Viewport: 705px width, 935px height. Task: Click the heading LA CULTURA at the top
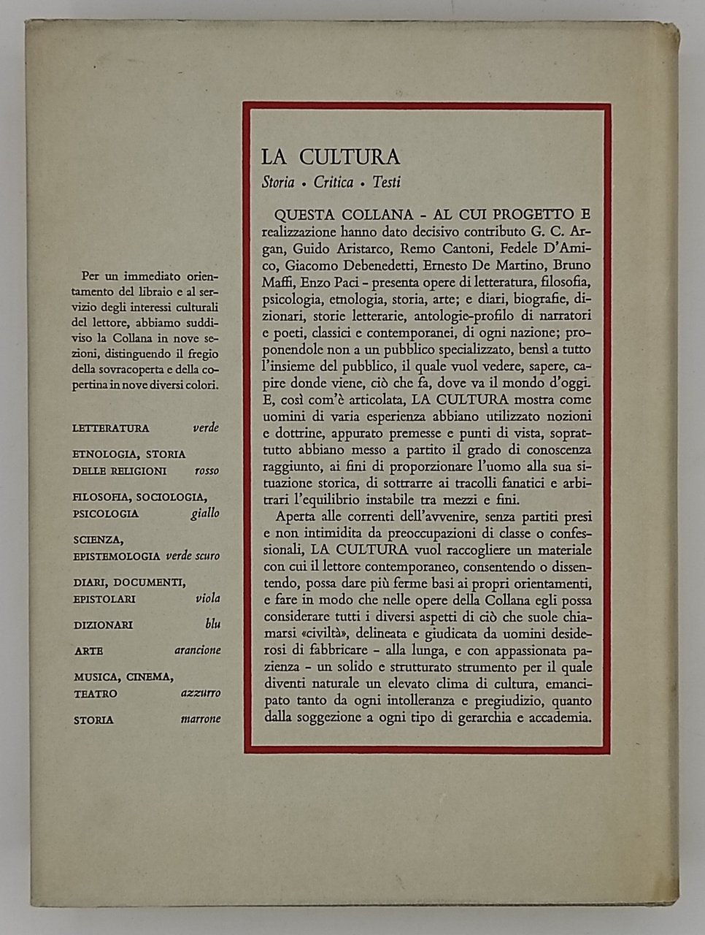tap(331, 158)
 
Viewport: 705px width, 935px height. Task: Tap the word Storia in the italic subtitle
tap(278, 183)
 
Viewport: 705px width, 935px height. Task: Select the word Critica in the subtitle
tap(334, 183)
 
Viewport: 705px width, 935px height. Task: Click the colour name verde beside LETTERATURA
tap(205, 428)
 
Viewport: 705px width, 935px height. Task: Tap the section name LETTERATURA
tap(111, 429)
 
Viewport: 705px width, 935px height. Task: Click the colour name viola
tap(208, 598)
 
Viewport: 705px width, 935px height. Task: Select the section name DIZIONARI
tap(103, 625)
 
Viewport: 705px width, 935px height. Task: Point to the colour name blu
tap(212, 625)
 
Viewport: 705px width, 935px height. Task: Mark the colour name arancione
tap(198, 651)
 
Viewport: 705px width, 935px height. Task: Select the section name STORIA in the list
tap(93, 720)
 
